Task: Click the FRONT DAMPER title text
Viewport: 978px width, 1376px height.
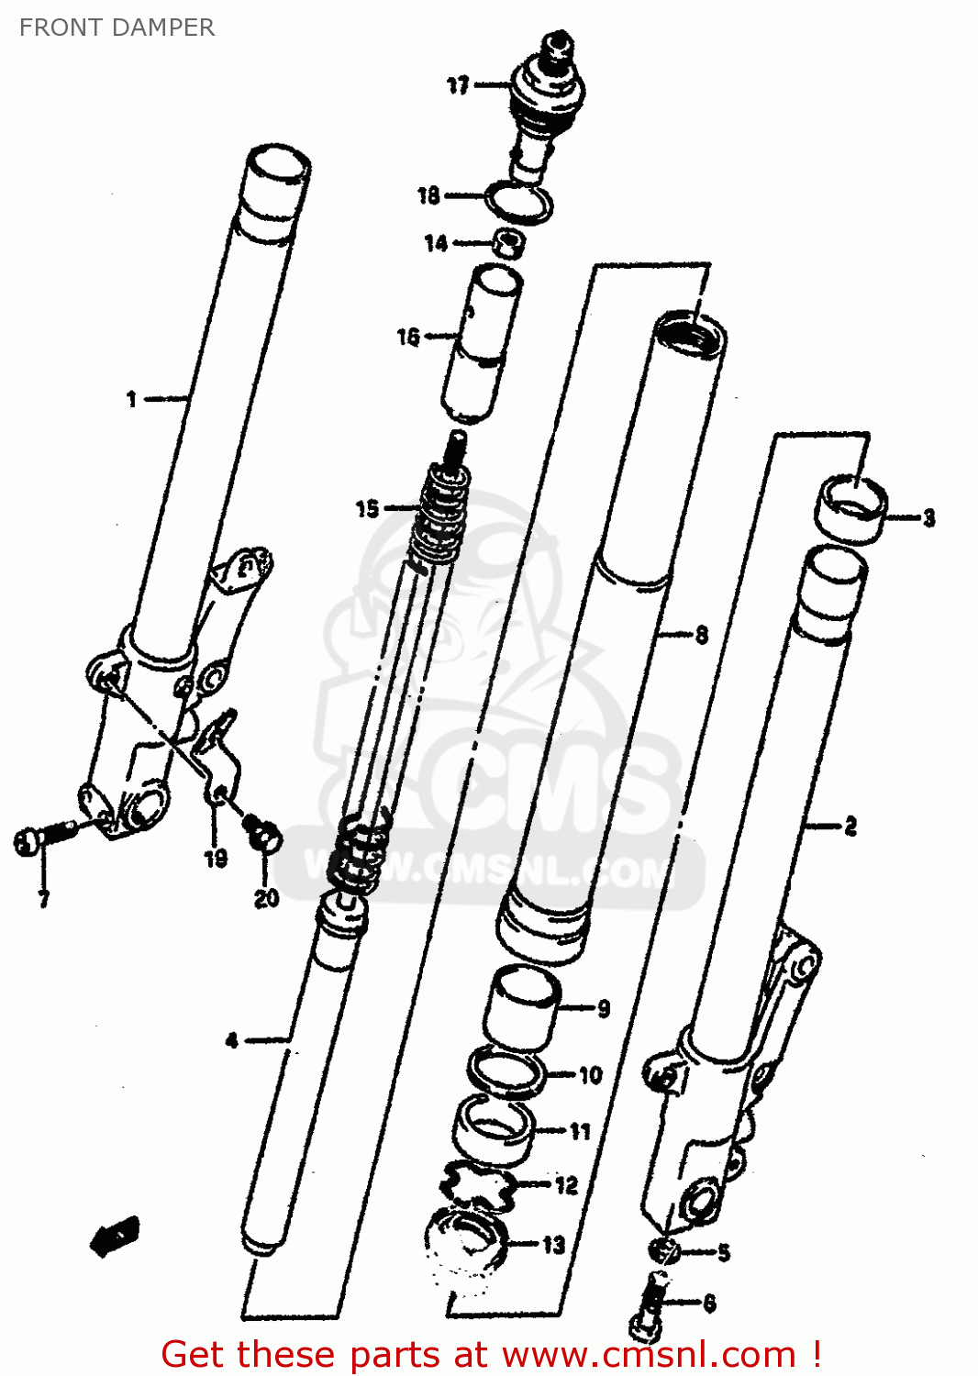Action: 117,28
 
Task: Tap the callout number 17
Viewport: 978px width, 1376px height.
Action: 458,85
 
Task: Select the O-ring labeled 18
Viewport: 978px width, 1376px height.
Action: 519,203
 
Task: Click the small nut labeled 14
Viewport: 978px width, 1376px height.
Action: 509,244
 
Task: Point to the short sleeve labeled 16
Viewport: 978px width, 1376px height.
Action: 481,344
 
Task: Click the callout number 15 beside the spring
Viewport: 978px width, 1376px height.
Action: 367,508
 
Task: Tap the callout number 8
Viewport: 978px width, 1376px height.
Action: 702,635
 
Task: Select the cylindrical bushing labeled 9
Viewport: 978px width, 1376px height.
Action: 522,1008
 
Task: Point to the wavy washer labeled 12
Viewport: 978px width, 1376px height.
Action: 479,1186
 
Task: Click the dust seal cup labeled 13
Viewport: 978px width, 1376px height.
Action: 467,1243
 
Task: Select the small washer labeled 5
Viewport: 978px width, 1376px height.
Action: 663,1249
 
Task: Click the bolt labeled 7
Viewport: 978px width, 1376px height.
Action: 41,838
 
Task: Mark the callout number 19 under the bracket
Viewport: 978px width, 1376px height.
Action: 216,859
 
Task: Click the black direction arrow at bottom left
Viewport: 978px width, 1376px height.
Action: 115,1237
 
